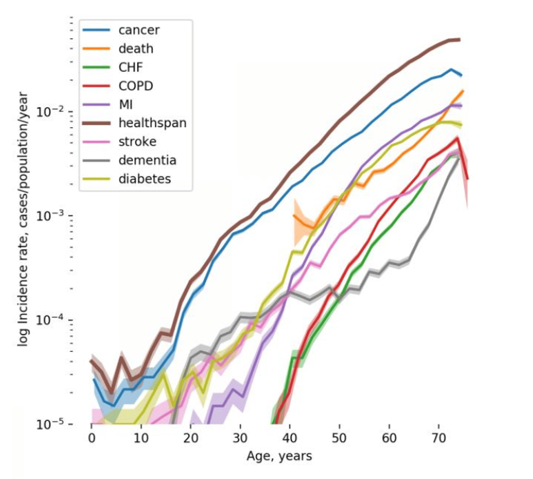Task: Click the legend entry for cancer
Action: [139, 30]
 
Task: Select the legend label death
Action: [135, 49]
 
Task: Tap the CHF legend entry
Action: [130, 68]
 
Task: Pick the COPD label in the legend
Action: [135, 86]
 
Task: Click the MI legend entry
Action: [125, 105]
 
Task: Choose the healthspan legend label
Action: [152, 123]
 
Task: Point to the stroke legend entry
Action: [137, 142]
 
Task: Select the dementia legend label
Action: [147, 160]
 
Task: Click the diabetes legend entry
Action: [144, 179]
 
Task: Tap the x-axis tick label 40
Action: [290, 438]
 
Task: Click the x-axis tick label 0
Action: [91, 438]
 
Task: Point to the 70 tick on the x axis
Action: [438, 438]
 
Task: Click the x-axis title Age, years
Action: [279, 456]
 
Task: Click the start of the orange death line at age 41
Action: [294, 216]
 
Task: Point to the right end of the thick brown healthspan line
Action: [459, 40]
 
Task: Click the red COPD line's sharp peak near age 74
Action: [457, 139]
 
